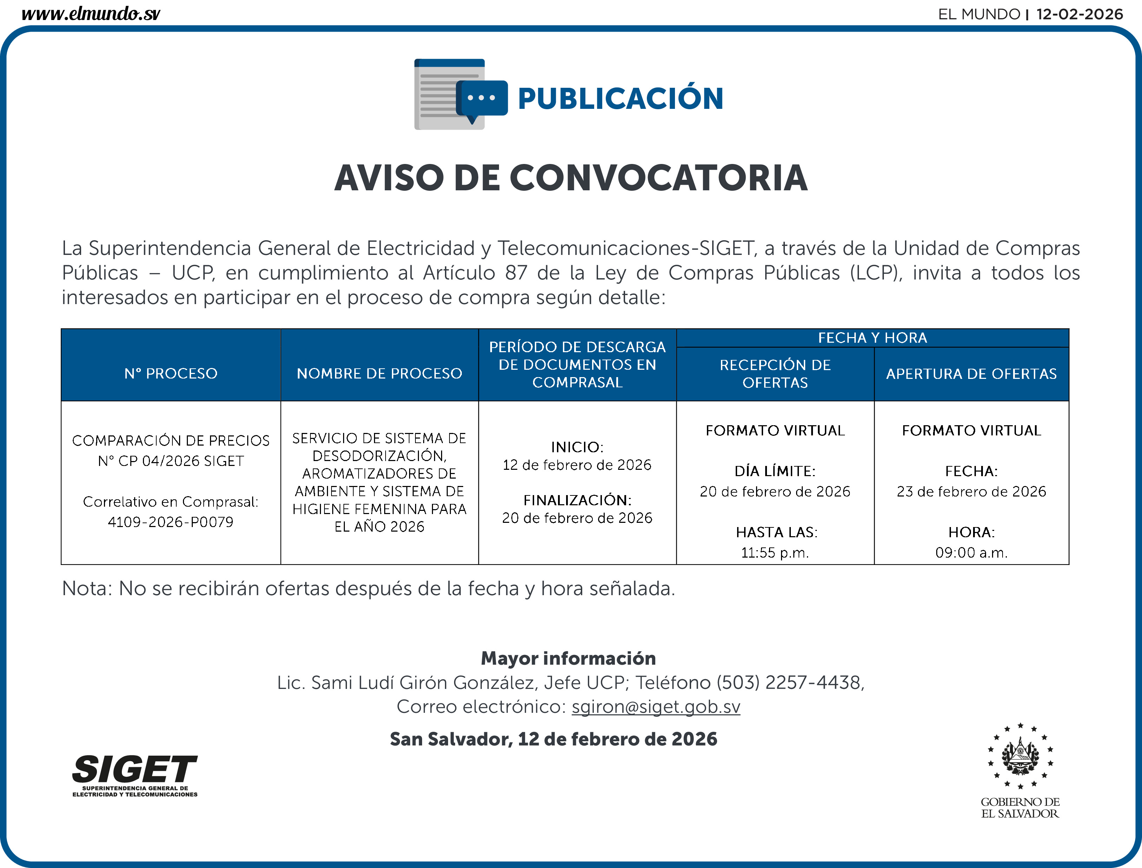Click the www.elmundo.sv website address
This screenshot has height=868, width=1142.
91,14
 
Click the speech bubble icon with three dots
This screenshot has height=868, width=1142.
481,99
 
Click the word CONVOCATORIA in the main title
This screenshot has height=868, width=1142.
658,178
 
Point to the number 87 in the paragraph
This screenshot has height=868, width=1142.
516,273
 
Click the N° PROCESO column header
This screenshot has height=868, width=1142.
171,374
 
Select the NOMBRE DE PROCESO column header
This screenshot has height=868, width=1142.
379,374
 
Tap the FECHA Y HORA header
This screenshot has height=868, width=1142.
872,338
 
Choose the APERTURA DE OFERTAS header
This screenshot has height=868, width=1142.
971,374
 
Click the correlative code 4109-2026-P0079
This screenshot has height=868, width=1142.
171,522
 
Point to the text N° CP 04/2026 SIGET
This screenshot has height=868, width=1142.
171,461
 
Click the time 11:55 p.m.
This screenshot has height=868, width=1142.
775,553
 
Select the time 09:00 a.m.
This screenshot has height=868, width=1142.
971,553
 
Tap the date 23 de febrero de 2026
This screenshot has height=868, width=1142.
971,491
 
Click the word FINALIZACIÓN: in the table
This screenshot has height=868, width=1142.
577,500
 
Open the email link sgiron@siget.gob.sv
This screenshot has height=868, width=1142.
656,707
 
